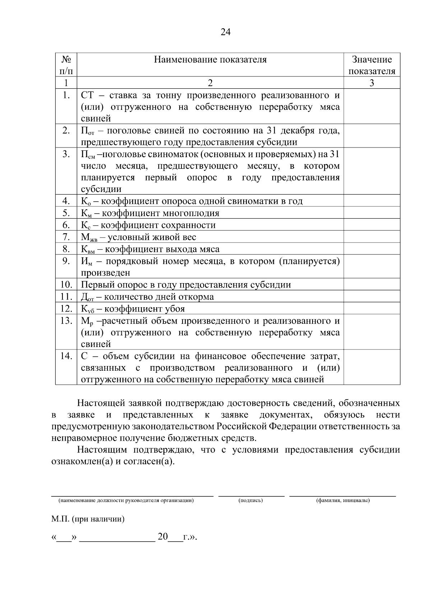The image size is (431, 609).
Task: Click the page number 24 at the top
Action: [x=225, y=32]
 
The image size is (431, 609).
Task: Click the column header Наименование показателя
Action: [x=210, y=60]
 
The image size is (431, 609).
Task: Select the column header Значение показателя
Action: [x=372, y=65]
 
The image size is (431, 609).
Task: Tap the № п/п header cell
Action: [x=66, y=65]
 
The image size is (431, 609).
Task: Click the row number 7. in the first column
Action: [x=66, y=237]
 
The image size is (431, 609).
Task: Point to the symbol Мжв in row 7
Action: [x=88, y=238]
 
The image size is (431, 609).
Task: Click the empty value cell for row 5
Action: [x=372, y=213]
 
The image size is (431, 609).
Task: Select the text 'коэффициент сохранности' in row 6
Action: [x=158, y=225]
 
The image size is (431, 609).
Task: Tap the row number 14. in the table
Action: [x=66, y=356]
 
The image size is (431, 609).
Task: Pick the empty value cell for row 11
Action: [x=372, y=296]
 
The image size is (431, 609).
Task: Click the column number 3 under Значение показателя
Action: [x=372, y=83]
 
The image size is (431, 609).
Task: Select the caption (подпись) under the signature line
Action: [x=251, y=500]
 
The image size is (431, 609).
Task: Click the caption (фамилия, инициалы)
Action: [x=343, y=500]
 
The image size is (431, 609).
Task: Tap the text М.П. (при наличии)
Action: [x=88, y=519]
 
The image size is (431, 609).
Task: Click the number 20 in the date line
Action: [x=163, y=537]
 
